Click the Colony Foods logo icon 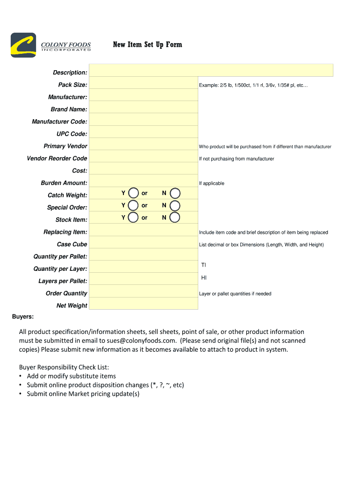point(23,45)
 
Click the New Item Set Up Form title point(147,45)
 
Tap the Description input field point(211,71)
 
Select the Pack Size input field point(143,83)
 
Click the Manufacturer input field point(143,95)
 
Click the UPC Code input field point(143,132)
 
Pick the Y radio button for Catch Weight point(134,193)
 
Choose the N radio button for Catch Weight point(175,193)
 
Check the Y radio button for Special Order point(134,205)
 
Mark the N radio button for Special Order point(175,205)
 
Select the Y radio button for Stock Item point(134,218)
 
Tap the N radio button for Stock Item point(175,218)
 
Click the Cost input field point(143,169)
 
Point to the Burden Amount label point(64,183)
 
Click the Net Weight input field point(143,304)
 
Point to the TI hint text point(203,265)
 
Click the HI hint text point(204,278)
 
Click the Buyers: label point(22,317)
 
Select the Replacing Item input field point(143,230)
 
